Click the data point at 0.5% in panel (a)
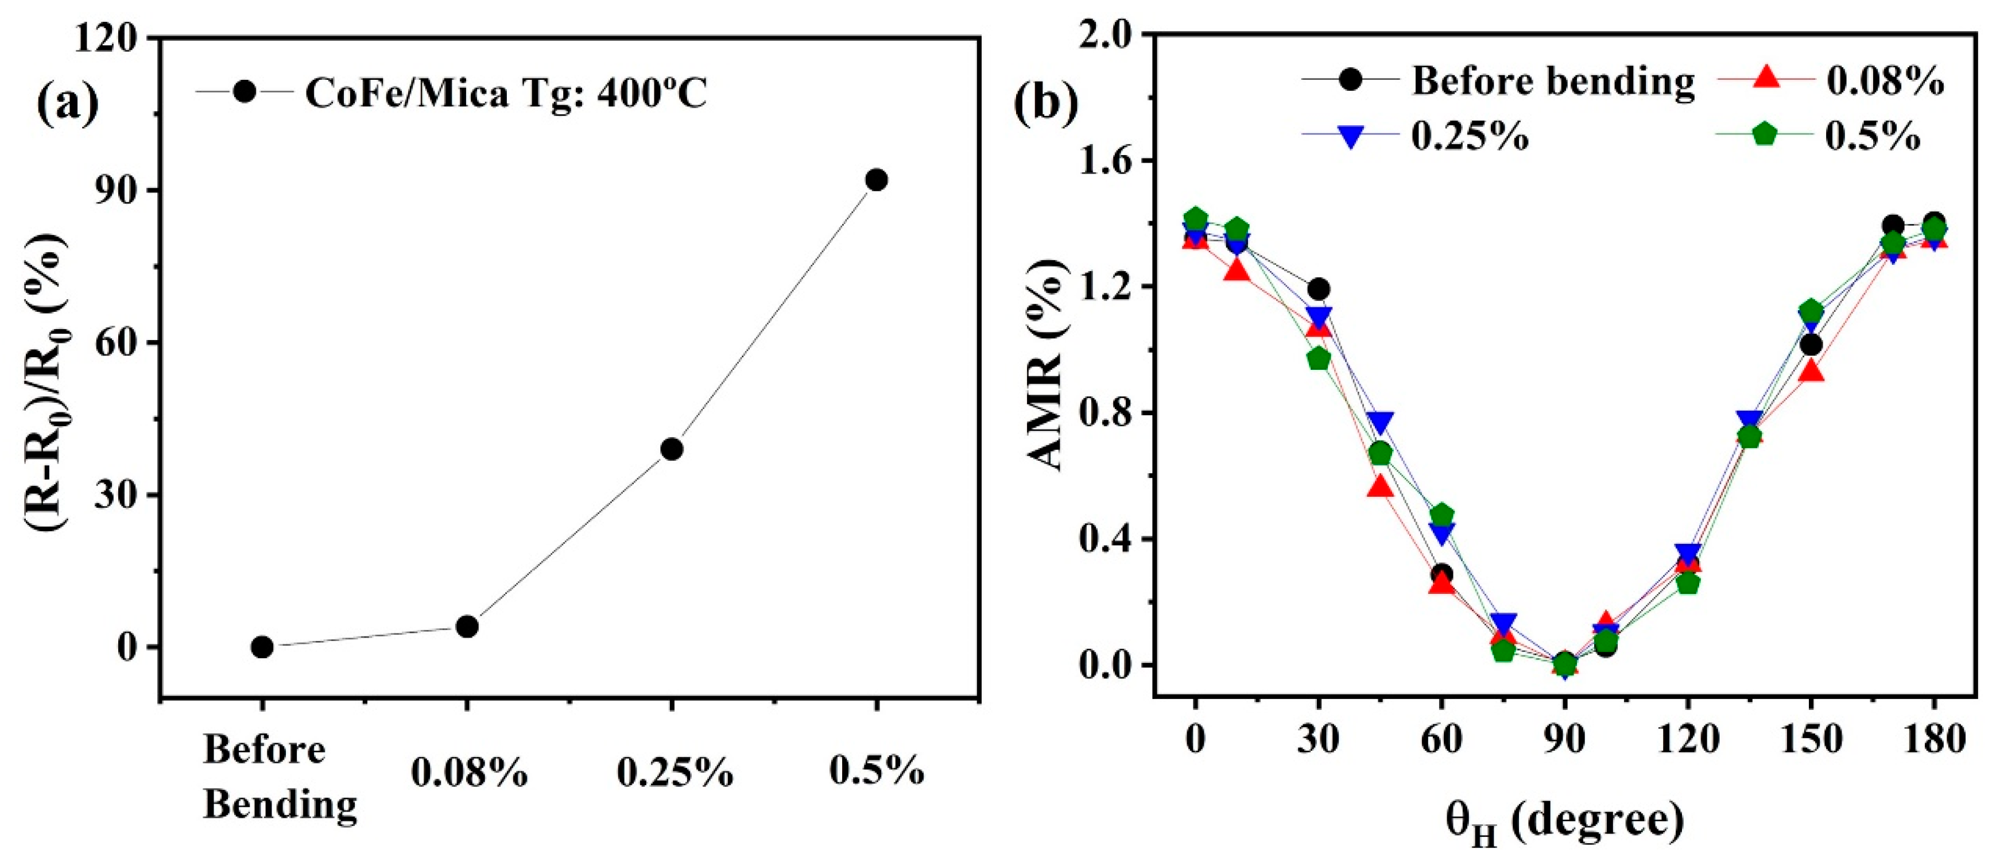pos(877,180)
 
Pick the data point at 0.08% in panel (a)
pos(467,626)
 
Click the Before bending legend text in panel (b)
pos(1553,80)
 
